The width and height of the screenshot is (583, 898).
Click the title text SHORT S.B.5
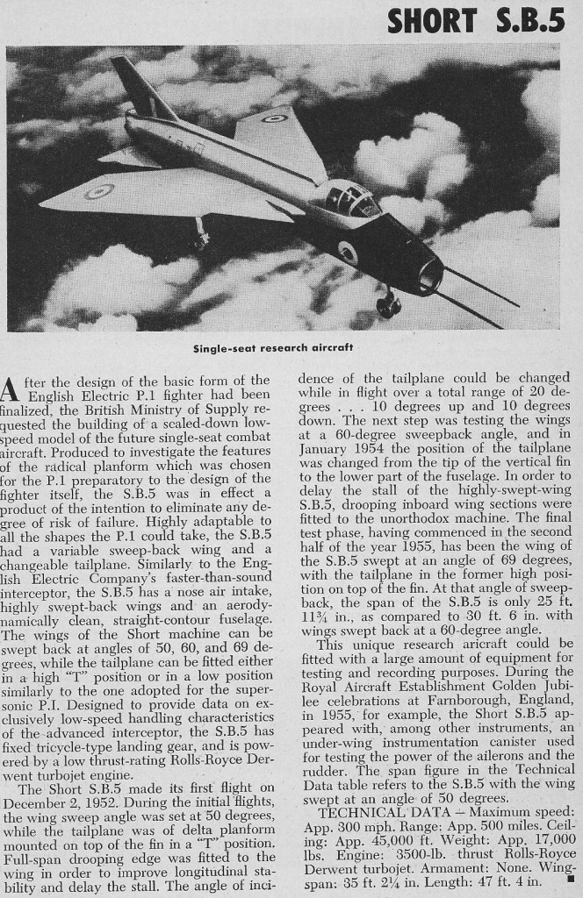tap(476, 20)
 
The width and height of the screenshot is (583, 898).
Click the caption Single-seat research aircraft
tap(273, 347)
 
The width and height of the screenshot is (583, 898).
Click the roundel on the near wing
tap(98, 190)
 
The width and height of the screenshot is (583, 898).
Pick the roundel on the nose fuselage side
tap(348, 253)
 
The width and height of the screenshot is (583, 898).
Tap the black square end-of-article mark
tap(569, 875)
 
